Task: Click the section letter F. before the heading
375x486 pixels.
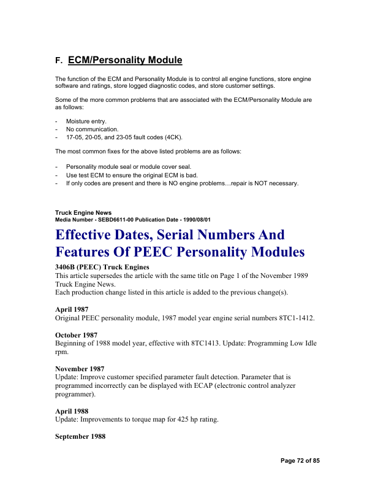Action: [58, 61]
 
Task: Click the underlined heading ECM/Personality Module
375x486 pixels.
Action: [125, 60]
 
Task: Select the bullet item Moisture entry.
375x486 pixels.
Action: [86, 121]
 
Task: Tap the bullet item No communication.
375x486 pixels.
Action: [92, 129]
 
